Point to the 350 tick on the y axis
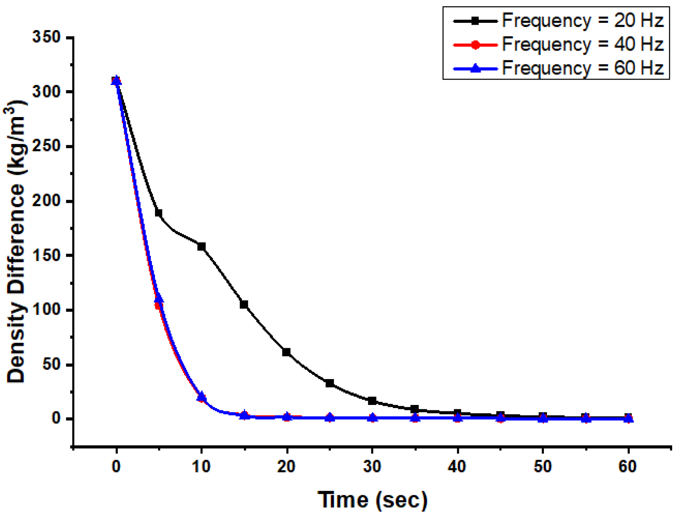click(47, 37)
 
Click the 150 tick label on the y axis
click(47, 255)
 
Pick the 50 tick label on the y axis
click(52, 364)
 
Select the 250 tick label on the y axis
click(47, 146)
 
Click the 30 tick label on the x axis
click(372, 467)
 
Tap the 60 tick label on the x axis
click(628, 467)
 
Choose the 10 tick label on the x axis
click(201, 467)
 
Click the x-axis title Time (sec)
click(372, 500)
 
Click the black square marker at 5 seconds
click(158, 213)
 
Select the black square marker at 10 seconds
click(201, 247)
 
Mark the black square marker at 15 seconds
click(244, 304)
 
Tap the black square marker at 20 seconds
click(286, 352)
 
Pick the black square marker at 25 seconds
click(329, 383)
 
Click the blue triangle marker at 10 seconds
click(201, 396)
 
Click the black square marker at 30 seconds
click(372, 401)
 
